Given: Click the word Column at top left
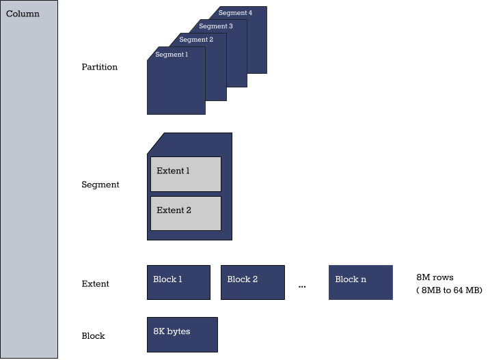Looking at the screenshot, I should coord(23,14).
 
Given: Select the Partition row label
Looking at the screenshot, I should coord(99,67).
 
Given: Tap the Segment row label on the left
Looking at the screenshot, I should coord(100,185).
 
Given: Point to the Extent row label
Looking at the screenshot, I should coord(95,283).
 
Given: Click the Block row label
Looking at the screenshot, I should coord(94,336).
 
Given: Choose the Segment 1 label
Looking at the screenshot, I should coord(171,55).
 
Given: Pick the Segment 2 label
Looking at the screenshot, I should coord(196,40).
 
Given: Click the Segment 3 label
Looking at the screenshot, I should coord(216,26).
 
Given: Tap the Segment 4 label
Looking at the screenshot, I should coord(236,13).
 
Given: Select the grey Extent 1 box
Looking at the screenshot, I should coord(185,174).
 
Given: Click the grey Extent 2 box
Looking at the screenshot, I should coord(185,213).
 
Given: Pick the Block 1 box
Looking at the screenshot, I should coord(178,282).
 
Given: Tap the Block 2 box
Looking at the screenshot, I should coord(252,282).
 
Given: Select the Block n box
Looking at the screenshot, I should coord(360,282).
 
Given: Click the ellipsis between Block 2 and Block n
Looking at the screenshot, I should coord(302,285).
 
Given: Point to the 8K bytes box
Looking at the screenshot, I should coord(182,334).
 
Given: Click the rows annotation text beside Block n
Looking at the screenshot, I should coord(435,278).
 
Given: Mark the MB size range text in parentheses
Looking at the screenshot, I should coord(449,290).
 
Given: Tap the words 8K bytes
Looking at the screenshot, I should coord(172,331).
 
